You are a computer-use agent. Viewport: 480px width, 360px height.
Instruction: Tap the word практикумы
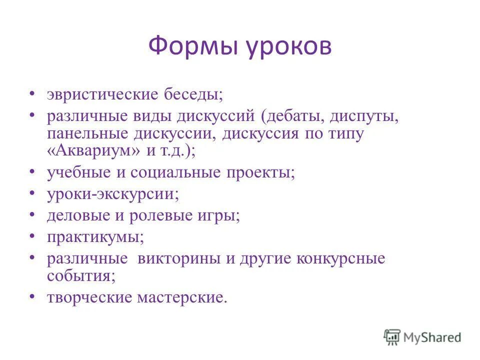95,237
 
